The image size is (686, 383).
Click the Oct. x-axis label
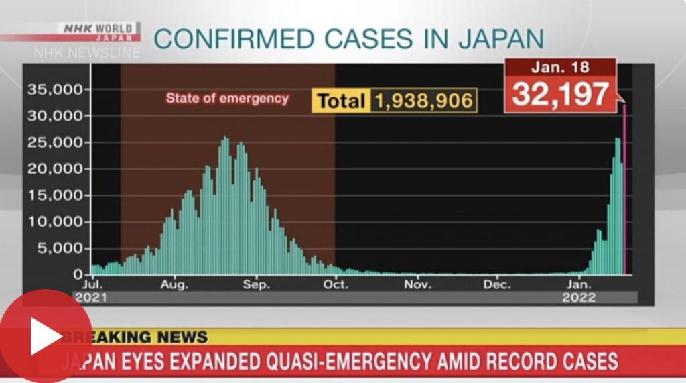click(336, 285)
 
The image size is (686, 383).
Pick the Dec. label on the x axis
click(498, 285)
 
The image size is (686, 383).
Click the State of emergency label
click(227, 99)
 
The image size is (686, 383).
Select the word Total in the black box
click(340, 101)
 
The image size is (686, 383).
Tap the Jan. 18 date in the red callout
click(560, 68)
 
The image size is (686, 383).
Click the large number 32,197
click(561, 95)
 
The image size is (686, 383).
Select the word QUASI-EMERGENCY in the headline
click(349, 362)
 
